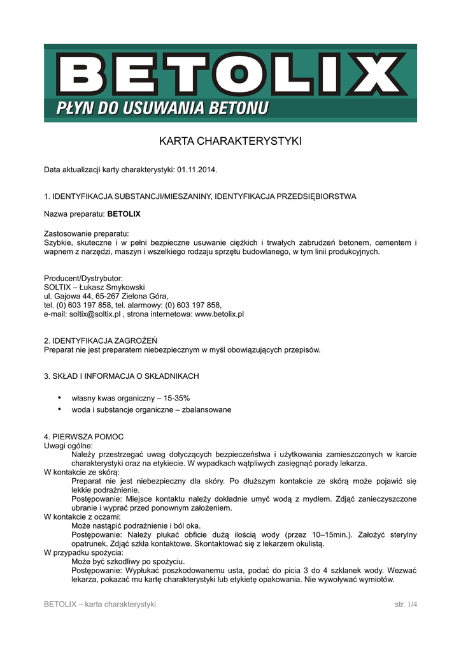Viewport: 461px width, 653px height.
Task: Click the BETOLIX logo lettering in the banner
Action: [230, 74]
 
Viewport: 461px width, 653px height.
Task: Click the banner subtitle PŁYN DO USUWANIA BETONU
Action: [163, 109]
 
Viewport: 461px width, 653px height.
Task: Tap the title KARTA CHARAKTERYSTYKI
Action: [230, 141]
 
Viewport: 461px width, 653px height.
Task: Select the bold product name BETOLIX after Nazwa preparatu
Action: [124, 214]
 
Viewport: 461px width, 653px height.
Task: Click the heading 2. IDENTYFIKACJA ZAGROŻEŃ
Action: [100, 341]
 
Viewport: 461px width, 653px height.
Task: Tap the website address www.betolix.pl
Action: [219, 314]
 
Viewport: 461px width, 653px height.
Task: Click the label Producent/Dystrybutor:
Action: [83, 279]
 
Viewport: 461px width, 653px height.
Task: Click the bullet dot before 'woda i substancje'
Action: [60, 409]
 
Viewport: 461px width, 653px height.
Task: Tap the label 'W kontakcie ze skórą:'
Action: [82, 473]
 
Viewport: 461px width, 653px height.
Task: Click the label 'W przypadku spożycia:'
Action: [83, 553]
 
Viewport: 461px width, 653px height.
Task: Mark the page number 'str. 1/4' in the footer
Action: [406, 604]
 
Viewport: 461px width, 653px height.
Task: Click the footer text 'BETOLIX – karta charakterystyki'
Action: [99, 604]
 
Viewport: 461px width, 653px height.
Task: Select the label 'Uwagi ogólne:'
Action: [67, 445]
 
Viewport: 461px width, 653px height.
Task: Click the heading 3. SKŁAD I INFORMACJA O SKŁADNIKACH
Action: [122, 376]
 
